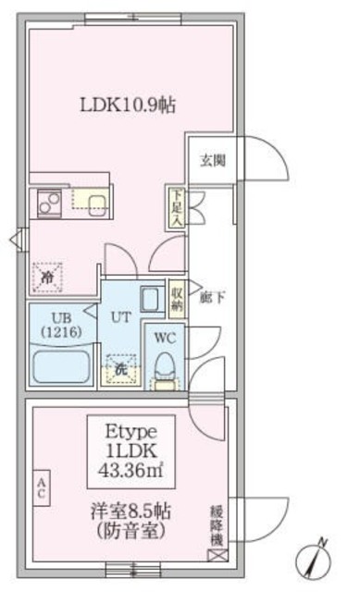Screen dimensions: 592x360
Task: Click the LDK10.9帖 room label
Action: click(x=126, y=105)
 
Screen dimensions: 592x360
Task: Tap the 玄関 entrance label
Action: click(x=212, y=158)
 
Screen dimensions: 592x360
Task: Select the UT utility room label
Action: click(x=119, y=317)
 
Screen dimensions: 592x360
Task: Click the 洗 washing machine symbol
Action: click(x=119, y=368)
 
